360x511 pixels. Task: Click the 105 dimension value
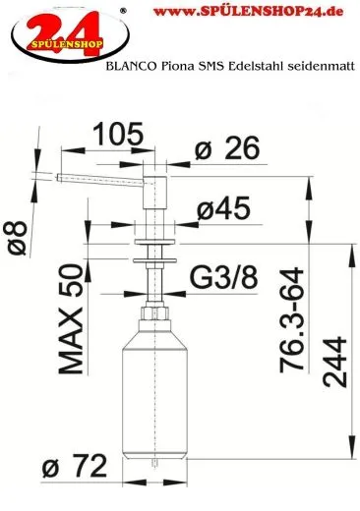(x=118, y=134)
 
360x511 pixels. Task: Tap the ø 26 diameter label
(x=227, y=148)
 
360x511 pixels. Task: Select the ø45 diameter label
(x=223, y=208)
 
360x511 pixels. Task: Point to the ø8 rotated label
(x=17, y=238)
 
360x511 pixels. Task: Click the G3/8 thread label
(x=224, y=278)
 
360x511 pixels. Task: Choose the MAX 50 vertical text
(x=71, y=319)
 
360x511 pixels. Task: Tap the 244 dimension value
(x=334, y=363)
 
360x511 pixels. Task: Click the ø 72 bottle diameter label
(x=75, y=466)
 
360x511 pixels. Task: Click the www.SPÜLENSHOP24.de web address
(x=248, y=12)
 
